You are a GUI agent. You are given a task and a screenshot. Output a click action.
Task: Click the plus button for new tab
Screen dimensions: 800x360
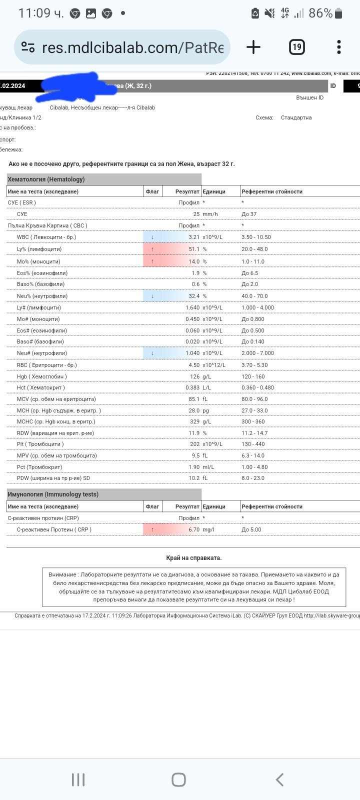pyautogui.click(x=253, y=47)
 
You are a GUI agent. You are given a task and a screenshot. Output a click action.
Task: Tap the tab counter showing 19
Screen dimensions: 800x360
pyautogui.click(x=297, y=47)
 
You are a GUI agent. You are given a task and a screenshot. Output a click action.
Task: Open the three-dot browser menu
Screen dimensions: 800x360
pyautogui.click(x=339, y=47)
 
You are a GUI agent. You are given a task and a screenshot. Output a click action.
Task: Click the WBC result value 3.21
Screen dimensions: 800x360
pyautogui.click(x=194, y=237)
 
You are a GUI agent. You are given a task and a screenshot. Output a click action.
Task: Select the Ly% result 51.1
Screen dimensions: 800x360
pyautogui.click(x=194, y=249)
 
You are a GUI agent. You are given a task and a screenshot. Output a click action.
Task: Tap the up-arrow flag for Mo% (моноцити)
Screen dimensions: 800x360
pyautogui.click(x=152, y=261)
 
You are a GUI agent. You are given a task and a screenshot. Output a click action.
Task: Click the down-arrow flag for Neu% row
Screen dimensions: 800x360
pyautogui.click(x=152, y=296)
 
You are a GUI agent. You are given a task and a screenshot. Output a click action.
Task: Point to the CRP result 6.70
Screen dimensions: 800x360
pyautogui.click(x=194, y=529)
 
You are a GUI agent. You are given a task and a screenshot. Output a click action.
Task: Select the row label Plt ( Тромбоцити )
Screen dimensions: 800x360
pyautogui.click(x=40, y=444)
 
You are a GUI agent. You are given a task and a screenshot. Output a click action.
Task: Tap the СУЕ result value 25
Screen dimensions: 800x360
pyautogui.click(x=196, y=214)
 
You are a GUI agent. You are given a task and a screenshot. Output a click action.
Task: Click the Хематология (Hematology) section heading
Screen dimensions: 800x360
pyautogui.click(x=46, y=179)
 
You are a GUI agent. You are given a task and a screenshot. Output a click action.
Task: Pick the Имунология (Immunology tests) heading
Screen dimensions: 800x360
pyautogui.click(x=53, y=494)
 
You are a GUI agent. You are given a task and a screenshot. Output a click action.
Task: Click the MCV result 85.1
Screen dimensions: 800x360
pyautogui.click(x=194, y=399)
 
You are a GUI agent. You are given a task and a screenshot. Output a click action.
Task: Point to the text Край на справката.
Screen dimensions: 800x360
pyautogui.click(x=193, y=558)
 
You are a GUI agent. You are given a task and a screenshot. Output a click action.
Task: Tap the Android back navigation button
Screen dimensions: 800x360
pyautogui.click(x=280, y=779)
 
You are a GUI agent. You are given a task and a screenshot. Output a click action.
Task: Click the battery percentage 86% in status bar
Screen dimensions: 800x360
pyautogui.click(x=320, y=13)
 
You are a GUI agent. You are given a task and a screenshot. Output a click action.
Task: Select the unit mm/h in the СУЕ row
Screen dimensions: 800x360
pyautogui.click(x=210, y=214)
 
